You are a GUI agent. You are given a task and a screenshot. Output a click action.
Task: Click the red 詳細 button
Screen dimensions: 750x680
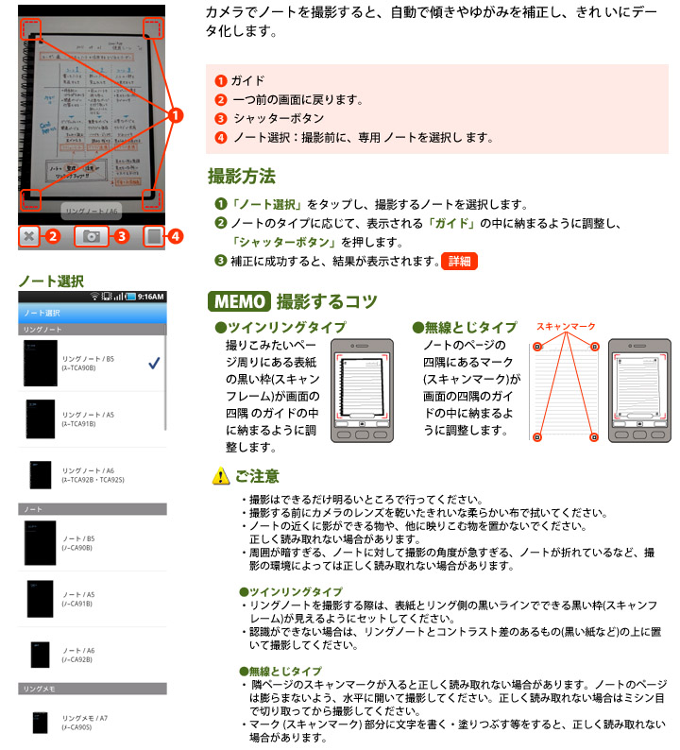[459, 262]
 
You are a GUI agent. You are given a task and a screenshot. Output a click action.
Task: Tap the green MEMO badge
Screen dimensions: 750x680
[239, 302]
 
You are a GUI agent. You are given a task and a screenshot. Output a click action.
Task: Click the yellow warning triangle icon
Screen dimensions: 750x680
[219, 477]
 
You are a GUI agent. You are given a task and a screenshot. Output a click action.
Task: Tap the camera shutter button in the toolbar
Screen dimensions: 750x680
[92, 237]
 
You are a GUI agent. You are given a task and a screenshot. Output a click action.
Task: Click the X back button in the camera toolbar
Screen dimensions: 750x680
[29, 237]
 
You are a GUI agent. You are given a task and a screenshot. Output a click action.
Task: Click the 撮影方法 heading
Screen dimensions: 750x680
[242, 176]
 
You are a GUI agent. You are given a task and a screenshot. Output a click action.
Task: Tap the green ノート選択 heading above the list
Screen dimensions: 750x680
[51, 281]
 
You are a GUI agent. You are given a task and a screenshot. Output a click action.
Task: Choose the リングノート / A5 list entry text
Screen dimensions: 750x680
[88, 418]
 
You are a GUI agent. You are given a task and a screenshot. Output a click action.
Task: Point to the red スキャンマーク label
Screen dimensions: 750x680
[566, 326]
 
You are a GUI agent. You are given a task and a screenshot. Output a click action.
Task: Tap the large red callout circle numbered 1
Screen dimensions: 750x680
[176, 116]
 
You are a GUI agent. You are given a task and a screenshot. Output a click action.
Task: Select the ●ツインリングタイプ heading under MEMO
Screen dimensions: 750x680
[266, 327]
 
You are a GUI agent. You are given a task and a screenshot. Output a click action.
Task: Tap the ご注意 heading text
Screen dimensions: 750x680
[257, 477]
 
